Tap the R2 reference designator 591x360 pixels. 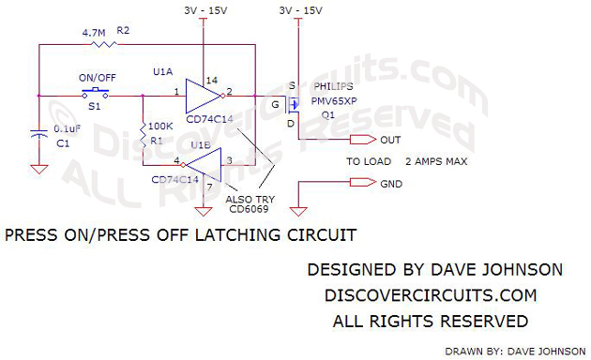click(123, 31)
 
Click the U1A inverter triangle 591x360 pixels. click(201, 95)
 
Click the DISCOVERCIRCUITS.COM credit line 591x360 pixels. click(430, 295)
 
